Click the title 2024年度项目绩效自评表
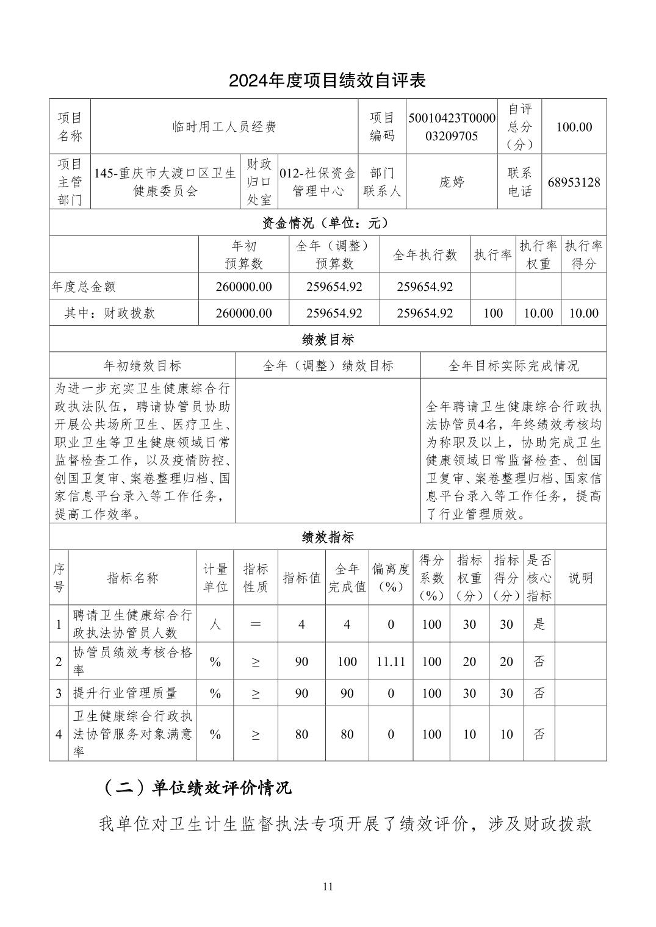click(x=327, y=80)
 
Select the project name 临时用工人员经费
click(x=224, y=126)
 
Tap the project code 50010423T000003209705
click(x=452, y=126)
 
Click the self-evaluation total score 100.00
click(x=574, y=126)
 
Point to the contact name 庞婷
click(x=452, y=182)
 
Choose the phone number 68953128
click(x=574, y=182)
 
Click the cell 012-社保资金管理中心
click(x=317, y=182)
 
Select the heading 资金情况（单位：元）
click(x=327, y=223)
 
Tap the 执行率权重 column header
click(x=538, y=254)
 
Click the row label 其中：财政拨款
click(x=110, y=313)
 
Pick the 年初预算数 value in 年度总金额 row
click(x=243, y=287)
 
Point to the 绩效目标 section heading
click(x=327, y=339)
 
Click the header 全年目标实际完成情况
click(x=513, y=365)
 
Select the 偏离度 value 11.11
click(x=391, y=661)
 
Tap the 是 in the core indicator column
click(x=539, y=624)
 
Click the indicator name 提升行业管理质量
click(x=124, y=693)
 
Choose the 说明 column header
click(x=580, y=578)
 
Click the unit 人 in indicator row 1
click(x=215, y=624)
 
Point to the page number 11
click(x=328, y=886)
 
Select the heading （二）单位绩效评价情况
click(x=195, y=787)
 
